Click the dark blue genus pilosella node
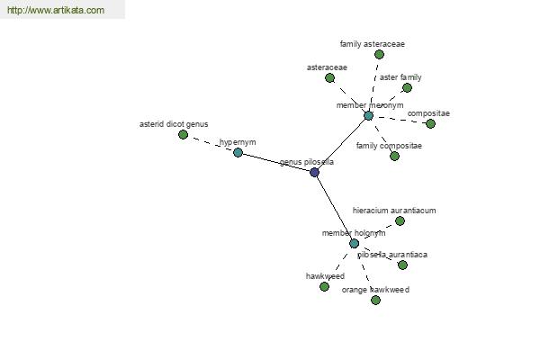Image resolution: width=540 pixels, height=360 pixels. click(x=314, y=172)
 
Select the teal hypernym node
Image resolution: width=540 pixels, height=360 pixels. click(x=238, y=152)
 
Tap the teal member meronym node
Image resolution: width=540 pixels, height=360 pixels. click(x=368, y=116)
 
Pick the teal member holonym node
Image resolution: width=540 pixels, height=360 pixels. click(x=354, y=244)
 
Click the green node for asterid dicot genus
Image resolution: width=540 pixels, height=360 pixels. click(x=184, y=135)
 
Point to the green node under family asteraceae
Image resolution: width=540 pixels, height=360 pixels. click(x=379, y=54)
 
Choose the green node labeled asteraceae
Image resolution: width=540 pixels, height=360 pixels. click(x=330, y=78)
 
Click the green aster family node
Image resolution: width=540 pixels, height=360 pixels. click(x=407, y=88)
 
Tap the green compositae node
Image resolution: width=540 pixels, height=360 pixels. click(x=430, y=123)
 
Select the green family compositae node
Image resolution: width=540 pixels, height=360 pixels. click(x=395, y=157)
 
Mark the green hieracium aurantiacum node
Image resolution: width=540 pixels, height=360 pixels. click(x=400, y=220)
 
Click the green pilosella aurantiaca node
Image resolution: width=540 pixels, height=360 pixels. click(x=402, y=265)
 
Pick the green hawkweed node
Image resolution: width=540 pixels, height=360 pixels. click(x=324, y=286)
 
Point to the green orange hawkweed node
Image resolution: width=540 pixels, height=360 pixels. click(x=375, y=300)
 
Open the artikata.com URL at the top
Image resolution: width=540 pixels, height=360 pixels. click(x=56, y=10)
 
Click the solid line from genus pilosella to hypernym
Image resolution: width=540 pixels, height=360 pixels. click(x=276, y=162)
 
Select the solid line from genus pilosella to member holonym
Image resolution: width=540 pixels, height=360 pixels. click(x=334, y=208)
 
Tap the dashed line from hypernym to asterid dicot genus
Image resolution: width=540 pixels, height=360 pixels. click(x=211, y=143)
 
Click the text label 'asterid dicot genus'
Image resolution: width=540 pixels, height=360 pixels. click(x=174, y=124)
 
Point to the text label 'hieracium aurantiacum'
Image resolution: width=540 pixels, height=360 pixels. click(x=394, y=211)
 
